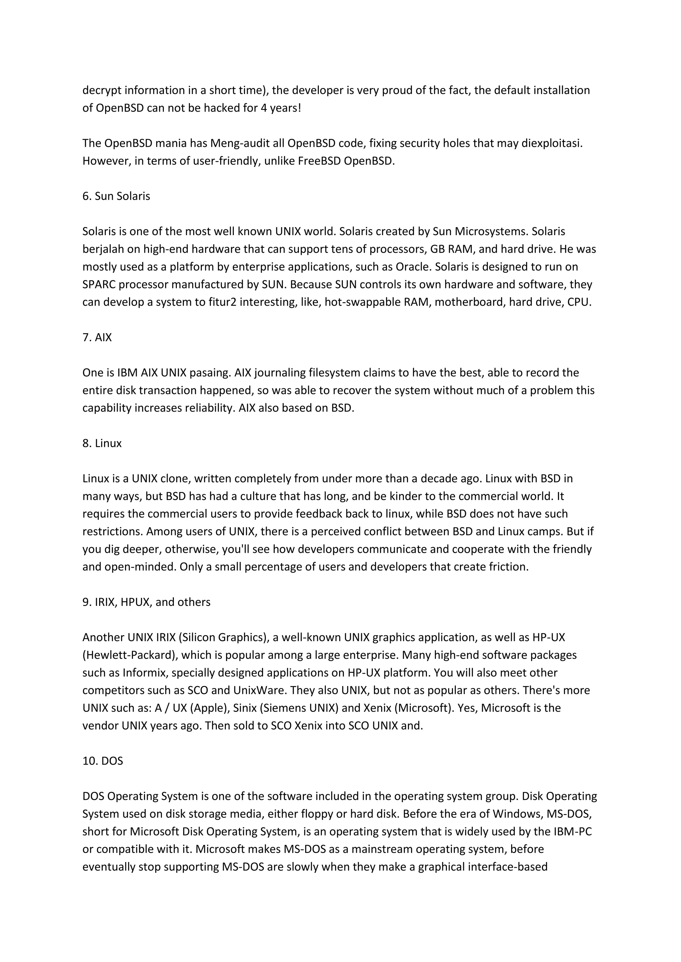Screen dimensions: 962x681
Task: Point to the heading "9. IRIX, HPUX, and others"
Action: pos(146,602)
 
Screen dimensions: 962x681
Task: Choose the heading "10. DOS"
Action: pos(103,761)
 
